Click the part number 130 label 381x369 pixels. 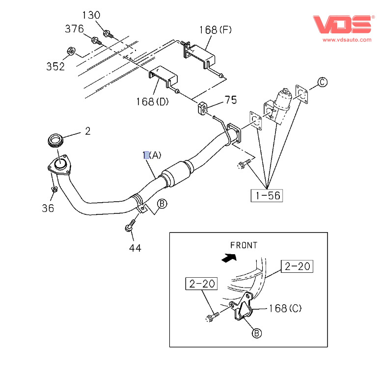[x=91, y=15]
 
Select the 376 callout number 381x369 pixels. [x=75, y=29]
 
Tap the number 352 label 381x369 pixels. [x=55, y=66]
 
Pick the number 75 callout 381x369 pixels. [x=230, y=100]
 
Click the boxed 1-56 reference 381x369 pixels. [x=267, y=195]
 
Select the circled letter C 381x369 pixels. [x=321, y=82]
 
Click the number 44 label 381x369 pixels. [x=135, y=248]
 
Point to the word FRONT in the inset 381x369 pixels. [x=243, y=245]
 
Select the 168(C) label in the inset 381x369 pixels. [x=285, y=309]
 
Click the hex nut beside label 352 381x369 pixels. [x=70, y=51]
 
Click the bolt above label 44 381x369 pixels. [x=129, y=228]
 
